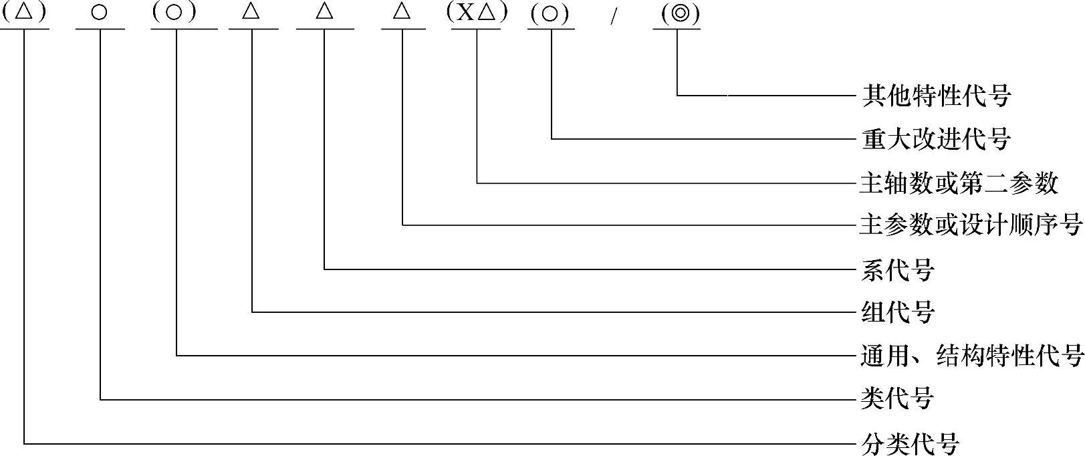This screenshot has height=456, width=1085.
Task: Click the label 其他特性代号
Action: click(x=935, y=96)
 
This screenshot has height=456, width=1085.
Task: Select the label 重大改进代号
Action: click(x=935, y=139)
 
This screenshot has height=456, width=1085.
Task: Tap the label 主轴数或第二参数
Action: click(x=959, y=183)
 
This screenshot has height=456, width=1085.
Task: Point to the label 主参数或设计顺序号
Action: click(x=970, y=225)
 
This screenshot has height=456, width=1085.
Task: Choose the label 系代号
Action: click(x=897, y=269)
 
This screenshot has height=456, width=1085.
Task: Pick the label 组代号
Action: click(x=897, y=312)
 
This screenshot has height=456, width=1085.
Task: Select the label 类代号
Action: click(x=897, y=399)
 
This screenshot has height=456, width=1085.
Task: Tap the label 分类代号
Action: click(x=910, y=443)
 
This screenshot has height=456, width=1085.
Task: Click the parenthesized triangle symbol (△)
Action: click(x=24, y=13)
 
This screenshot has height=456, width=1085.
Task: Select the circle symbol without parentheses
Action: click(x=100, y=13)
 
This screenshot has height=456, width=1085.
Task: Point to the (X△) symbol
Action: click(x=477, y=13)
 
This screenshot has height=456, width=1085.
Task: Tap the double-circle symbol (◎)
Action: click(x=677, y=13)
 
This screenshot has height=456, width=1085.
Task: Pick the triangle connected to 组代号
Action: click(x=252, y=12)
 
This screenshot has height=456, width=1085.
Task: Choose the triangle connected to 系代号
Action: click(x=325, y=12)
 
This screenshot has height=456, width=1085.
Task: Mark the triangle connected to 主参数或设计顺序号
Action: click(x=402, y=12)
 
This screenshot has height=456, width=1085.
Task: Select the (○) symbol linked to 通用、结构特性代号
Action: click(x=175, y=13)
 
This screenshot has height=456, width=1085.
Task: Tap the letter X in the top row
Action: click(x=465, y=13)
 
